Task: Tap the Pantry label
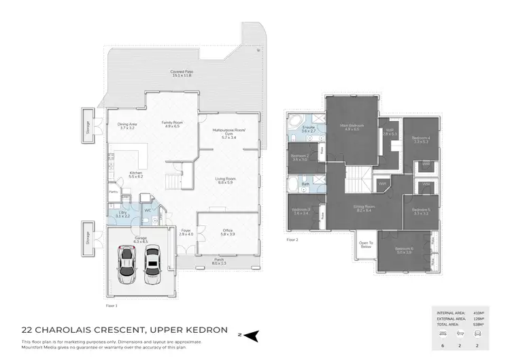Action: point(114,192)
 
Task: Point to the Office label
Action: point(228,230)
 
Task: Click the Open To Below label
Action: point(367,244)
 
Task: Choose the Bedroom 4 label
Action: point(420,138)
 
